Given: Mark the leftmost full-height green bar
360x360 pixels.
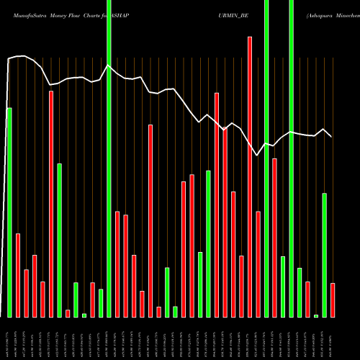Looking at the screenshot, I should pyautogui.click(x=109, y=158).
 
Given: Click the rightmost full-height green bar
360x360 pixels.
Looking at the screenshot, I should pyautogui.click(x=291, y=158).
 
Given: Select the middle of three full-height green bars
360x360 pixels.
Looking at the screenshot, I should pyautogui.click(x=266, y=158).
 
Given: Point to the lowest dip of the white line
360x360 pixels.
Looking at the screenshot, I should pyautogui.click(x=258, y=155).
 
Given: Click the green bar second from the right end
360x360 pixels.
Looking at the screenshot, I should pyautogui.click(x=325, y=255).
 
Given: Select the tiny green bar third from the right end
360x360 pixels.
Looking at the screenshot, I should pyautogui.click(x=316, y=315).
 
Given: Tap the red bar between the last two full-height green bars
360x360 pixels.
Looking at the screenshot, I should pyautogui.click(x=274, y=238).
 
